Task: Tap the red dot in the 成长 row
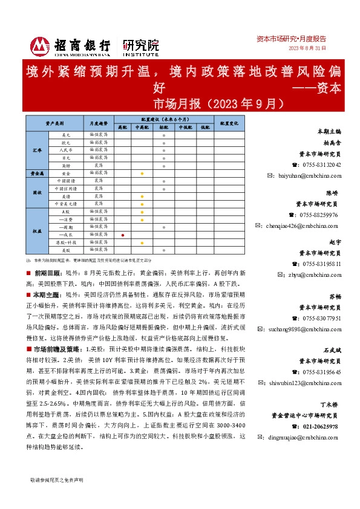pos(123,234)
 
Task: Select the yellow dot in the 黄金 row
pos(142,173)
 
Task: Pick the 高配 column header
pos(123,128)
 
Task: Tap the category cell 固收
pos(36,192)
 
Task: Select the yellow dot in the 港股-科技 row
pos(142,242)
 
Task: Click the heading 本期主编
pos(329,131)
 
